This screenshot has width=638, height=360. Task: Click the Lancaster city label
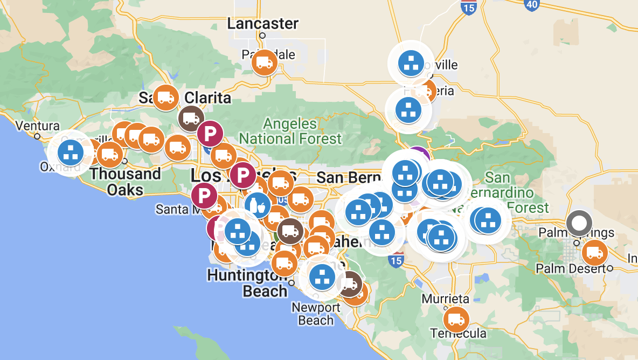pyautogui.click(x=262, y=24)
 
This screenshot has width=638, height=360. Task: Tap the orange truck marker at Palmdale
pyautogui.click(x=264, y=63)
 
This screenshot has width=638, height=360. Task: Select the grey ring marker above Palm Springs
pyautogui.click(x=579, y=223)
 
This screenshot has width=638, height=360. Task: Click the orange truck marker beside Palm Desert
pyautogui.click(x=594, y=253)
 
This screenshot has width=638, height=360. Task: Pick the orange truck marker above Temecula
pyautogui.click(x=456, y=319)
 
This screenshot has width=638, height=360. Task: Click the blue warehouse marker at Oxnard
pyautogui.click(x=71, y=153)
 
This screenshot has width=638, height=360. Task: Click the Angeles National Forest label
pyautogui.click(x=290, y=131)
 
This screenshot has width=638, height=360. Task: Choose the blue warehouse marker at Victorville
pyautogui.click(x=412, y=64)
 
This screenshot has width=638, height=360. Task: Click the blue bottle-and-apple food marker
pyautogui.click(x=256, y=205)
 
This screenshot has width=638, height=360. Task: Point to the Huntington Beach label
pyautogui.click(x=247, y=283)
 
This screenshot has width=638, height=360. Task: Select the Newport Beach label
pyautogui.click(x=316, y=314)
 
